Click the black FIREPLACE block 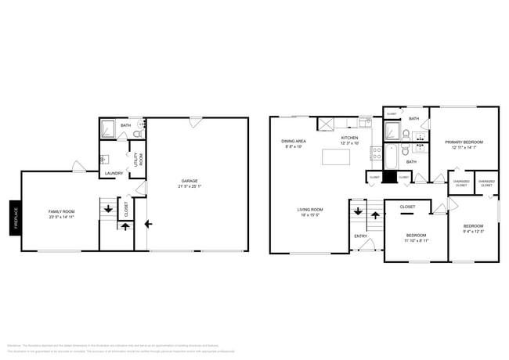pos(14,218)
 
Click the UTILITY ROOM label pos(138,160)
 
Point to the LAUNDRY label pos(114,174)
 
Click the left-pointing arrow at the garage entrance pos(148,223)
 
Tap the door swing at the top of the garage pos(195,122)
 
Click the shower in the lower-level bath pos(110,128)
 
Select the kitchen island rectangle pos(336,157)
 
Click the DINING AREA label pos(294,141)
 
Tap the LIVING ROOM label pos(310,210)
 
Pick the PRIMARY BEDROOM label pos(464,142)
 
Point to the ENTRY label pos(360,236)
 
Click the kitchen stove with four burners pos(376,152)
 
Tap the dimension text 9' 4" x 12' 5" pos(474,230)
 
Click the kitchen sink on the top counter pos(365,123)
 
